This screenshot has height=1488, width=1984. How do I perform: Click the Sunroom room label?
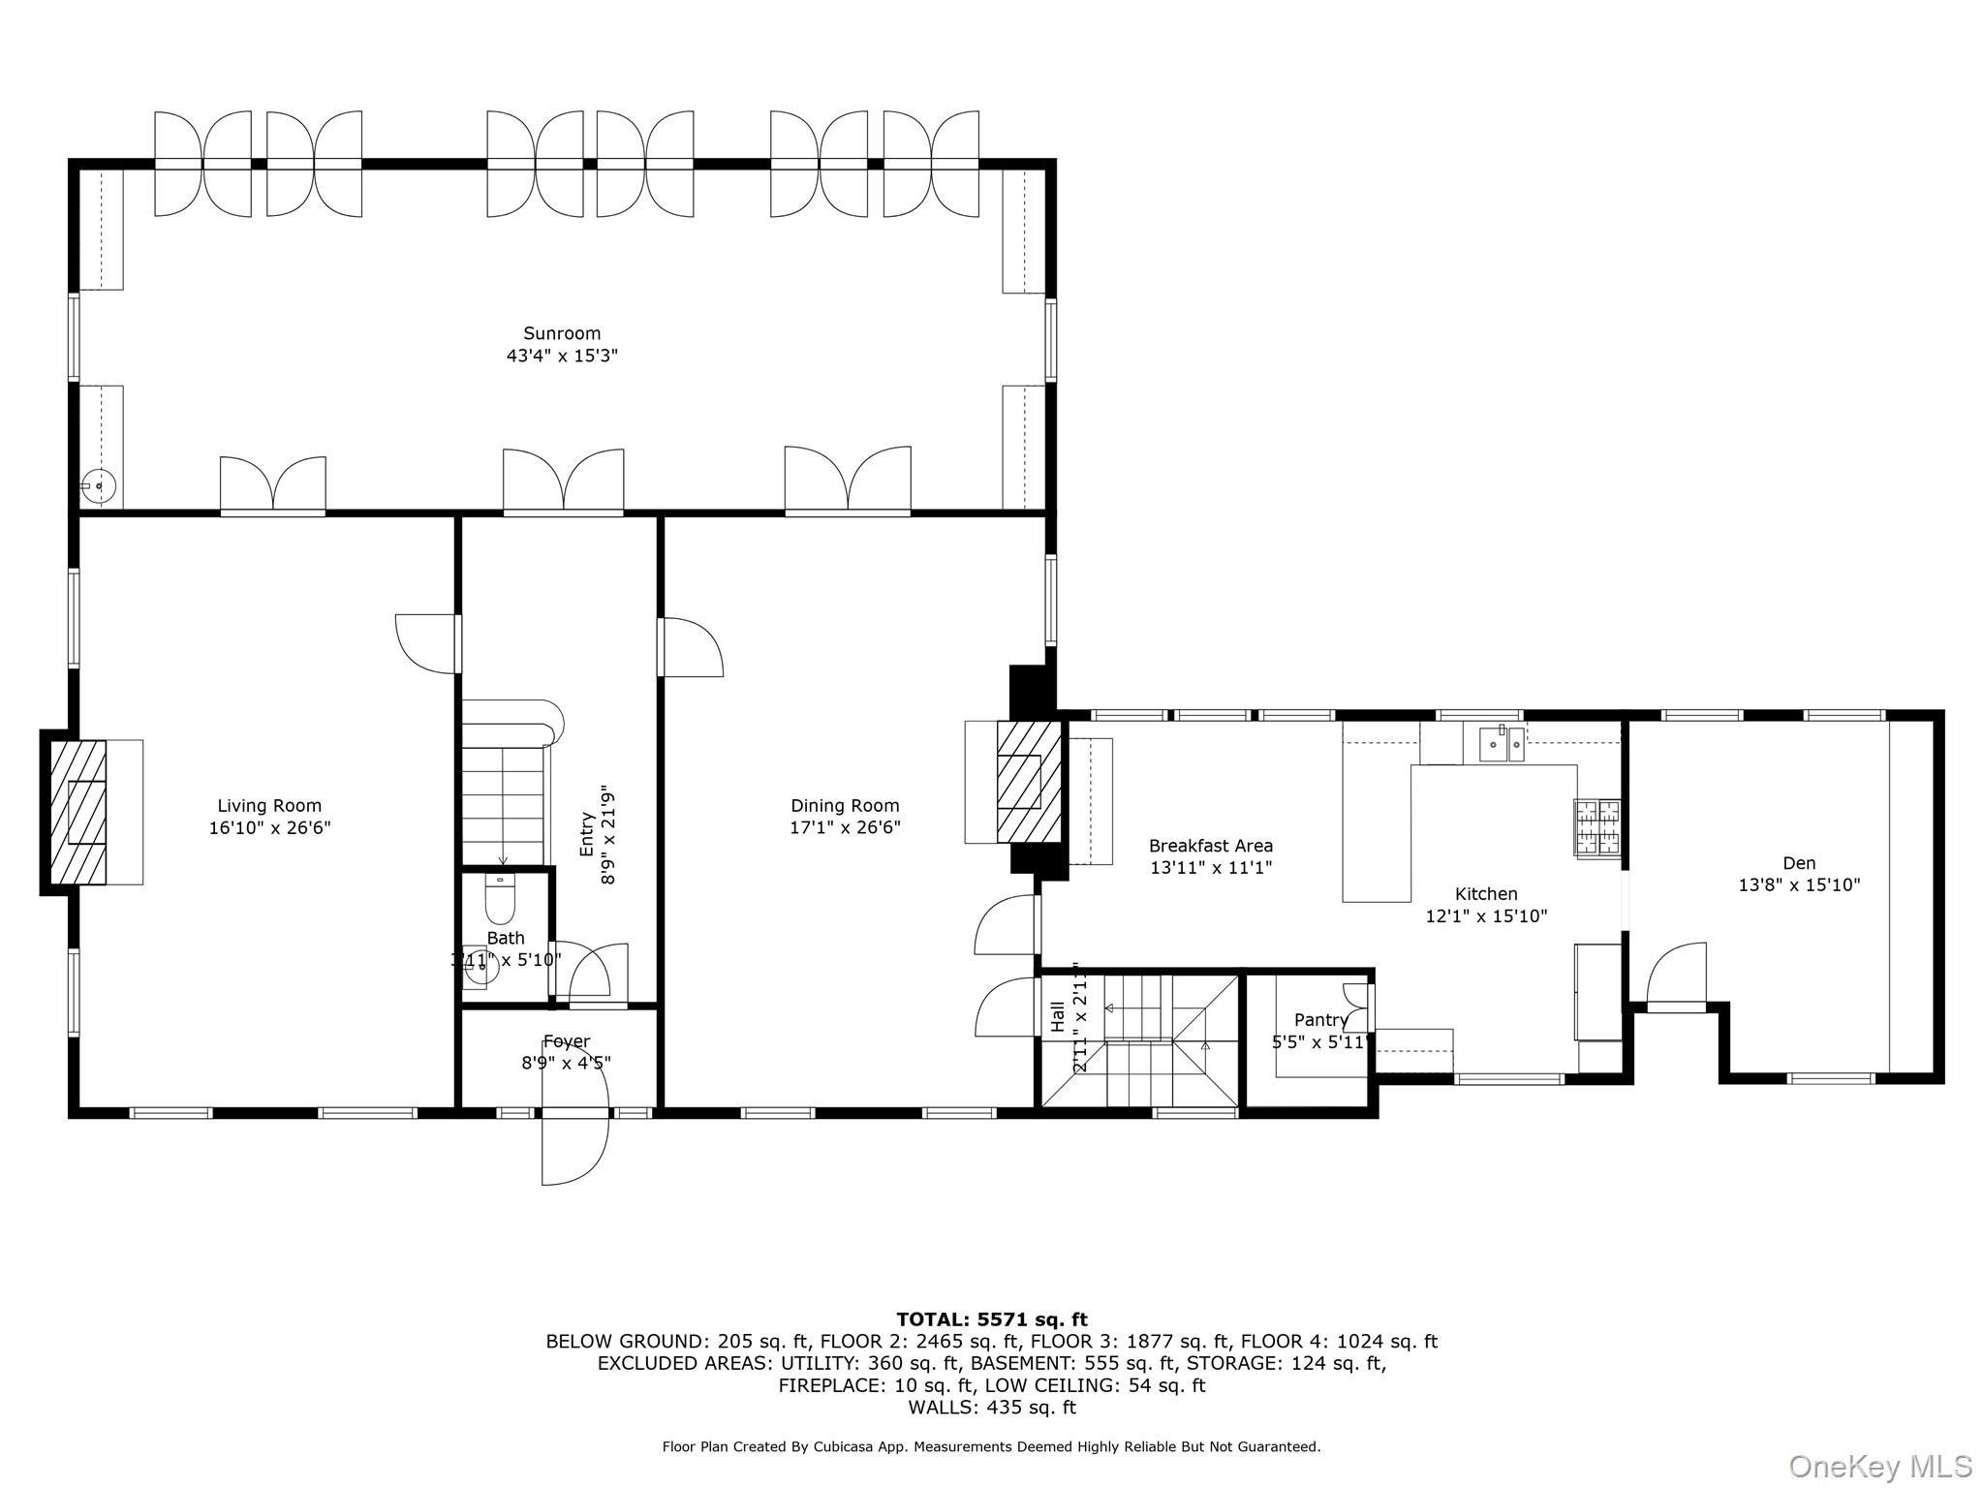click(x=562, y=333)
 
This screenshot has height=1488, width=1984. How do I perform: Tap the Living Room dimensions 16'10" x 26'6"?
click(x=269, y=828)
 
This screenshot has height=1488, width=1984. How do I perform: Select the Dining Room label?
click(x=845, y=805)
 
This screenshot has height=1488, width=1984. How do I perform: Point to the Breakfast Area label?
click(x=1210, y=846)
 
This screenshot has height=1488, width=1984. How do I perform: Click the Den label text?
click(x=1799, y=863)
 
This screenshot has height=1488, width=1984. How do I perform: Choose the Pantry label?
click(x=1320, y=1020)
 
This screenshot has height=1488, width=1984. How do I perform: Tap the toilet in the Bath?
click(x=500, y=901)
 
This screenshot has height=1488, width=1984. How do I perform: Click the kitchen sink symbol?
click(x=1502, y=745)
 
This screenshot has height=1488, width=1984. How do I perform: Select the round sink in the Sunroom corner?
click(x=99, y=484)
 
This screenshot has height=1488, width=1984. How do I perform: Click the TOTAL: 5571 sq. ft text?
click(x=991, y=1319)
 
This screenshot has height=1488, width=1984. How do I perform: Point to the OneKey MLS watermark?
click(x=1879, y=1466)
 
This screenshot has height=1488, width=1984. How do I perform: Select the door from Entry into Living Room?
click(x=427, y=643)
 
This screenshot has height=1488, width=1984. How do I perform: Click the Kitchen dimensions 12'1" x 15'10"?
click(x=1486, y=915)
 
